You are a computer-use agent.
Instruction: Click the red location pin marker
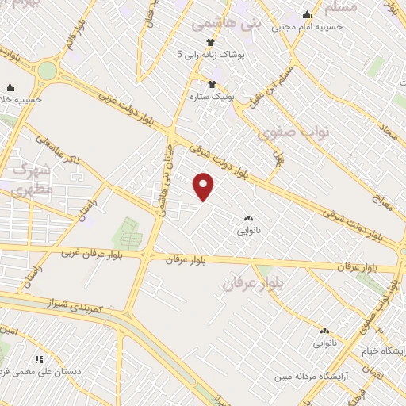pos(204,186)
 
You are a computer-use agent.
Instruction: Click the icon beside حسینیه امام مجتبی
pos(307,14)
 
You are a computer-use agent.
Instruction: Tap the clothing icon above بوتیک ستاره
pos(212,84)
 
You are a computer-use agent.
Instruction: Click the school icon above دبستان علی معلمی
pos(39,359)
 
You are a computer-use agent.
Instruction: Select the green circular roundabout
pos(48,71)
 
